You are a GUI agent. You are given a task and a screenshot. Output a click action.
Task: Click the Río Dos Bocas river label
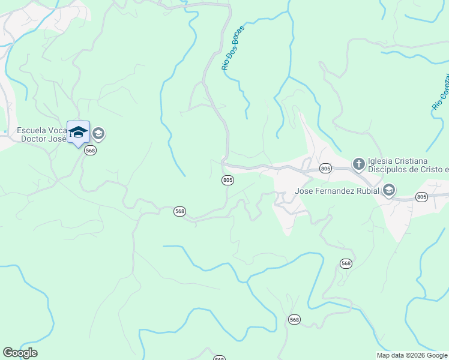234,48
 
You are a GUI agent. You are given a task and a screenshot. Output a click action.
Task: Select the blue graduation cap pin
78,132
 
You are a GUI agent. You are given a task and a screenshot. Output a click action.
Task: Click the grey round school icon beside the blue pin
98,133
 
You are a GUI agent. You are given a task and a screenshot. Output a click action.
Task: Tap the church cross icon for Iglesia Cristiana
358,163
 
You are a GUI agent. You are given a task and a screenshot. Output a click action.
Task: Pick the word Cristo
430,170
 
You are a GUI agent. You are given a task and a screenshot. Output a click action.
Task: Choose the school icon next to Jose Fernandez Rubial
388,191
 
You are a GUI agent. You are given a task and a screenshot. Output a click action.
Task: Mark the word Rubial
367,191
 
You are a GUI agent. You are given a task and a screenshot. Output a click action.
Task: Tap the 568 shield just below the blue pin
90,151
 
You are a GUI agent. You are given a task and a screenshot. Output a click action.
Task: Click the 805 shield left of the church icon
325,169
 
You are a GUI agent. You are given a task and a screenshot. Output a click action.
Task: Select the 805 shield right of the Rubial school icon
421,197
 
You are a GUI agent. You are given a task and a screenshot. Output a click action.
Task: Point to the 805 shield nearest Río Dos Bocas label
228,180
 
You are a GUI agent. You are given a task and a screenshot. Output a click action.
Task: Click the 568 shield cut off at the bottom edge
219,358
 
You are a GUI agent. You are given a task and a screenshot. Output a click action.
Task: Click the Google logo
20,353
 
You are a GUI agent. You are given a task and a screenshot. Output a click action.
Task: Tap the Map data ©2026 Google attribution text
412,355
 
